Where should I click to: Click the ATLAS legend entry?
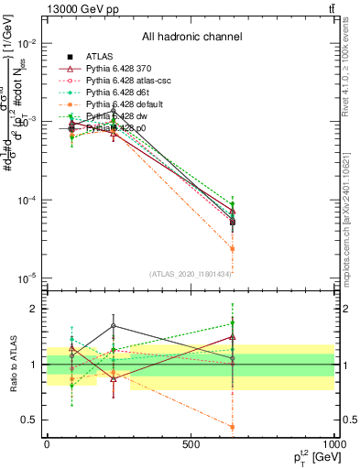click(99, 57)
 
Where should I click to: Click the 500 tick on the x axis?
click(191, 443)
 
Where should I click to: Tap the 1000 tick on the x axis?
click(333, 443)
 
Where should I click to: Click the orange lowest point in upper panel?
click(233, 248)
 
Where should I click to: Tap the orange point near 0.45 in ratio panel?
click(233, 427)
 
